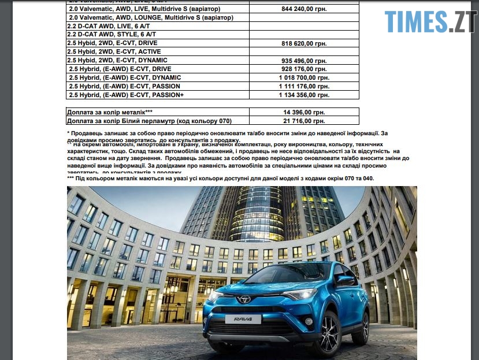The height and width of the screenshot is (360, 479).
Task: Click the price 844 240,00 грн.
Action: click(x=303, y=9)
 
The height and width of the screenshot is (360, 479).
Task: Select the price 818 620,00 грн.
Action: click(x=303, y=43)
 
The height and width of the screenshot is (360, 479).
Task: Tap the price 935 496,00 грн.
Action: click(x=303, y=61)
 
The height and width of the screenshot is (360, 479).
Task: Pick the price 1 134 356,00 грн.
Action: click(x=304, y=95)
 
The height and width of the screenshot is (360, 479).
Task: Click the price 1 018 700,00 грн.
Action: click(x=304, y=77)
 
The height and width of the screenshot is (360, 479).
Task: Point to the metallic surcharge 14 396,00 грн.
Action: click(x=304, y=112)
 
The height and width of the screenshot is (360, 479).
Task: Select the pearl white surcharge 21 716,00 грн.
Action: click(x=304, y=121)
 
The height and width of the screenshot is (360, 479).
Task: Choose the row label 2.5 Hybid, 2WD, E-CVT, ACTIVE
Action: click(x=114, y=52)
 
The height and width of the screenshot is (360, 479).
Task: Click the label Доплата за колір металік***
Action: click(x=110, y=112)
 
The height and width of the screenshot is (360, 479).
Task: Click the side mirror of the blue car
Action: click(x=346, y=280)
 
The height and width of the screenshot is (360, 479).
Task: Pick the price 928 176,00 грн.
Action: click(x=303, y=69)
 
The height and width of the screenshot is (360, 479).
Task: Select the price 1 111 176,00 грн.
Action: click(x=304, y=86)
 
